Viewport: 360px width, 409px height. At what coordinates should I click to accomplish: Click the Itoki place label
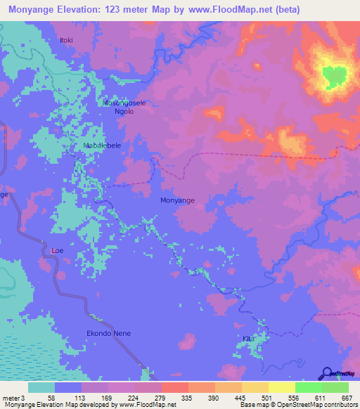coord(67,40)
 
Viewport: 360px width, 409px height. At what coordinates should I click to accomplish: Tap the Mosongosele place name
coord(124,103)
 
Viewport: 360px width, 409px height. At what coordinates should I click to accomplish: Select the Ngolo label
coord(124,111)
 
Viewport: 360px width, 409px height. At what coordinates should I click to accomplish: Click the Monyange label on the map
coord(177,200)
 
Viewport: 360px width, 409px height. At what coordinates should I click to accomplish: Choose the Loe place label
coord(57,249)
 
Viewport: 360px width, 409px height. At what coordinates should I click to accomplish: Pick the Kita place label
coord(247,339)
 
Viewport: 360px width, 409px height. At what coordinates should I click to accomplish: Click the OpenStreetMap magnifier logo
coord(326,372)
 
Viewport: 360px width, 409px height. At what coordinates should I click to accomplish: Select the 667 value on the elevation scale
coord(342,398)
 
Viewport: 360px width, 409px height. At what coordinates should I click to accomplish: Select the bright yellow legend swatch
coord(281,387)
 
